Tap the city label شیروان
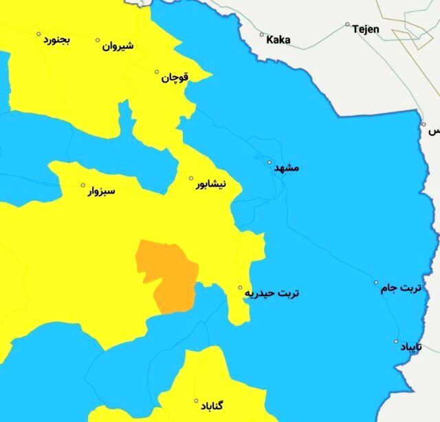coord(118,47)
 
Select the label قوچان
coord(175,78)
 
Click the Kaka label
coord(278,40)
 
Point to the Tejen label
coord(365,30)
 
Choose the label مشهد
coord(287,168)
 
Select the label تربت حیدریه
coord(273,293)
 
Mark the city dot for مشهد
coord(269,162)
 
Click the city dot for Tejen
coord(348,24)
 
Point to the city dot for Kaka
coord(262,34)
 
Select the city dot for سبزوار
coord(84,185)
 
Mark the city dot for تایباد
coord(396,341)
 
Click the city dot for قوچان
coord(157,72)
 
